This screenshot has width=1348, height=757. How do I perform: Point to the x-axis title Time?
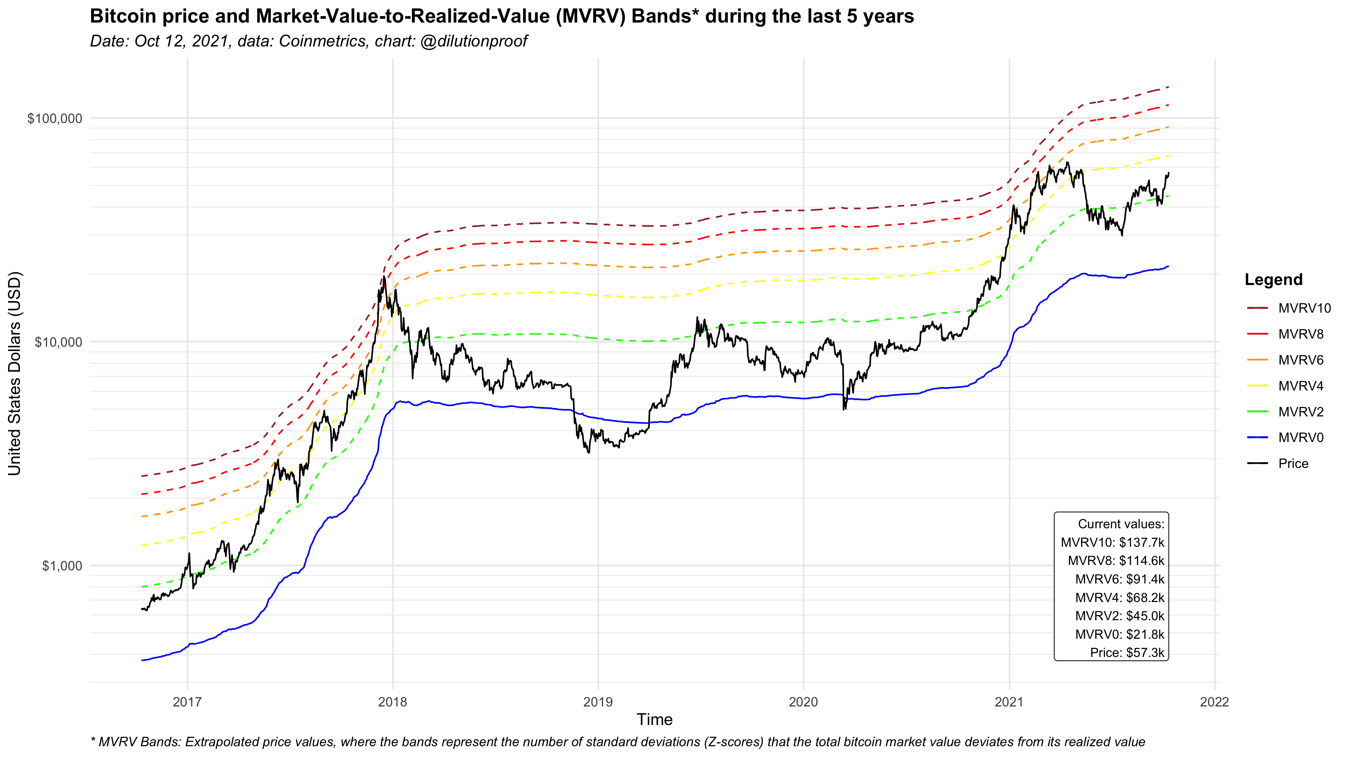tap(654, 720)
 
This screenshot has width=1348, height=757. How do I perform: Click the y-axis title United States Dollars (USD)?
tap(14, 373)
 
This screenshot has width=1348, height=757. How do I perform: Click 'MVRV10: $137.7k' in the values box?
tap(1112, 542)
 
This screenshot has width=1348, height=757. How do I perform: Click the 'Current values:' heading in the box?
tap(1121, 524)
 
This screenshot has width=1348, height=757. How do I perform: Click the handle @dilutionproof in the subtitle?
tap(473, 41)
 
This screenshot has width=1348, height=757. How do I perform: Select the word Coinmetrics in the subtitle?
tap(323, 41)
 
